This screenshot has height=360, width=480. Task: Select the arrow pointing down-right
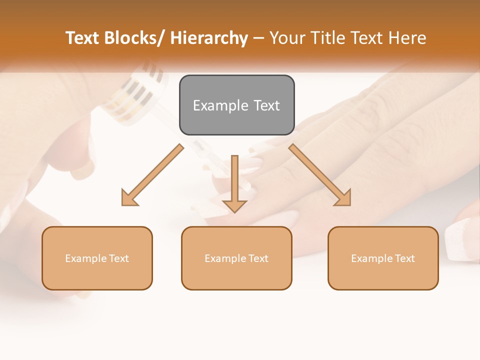[x=320, y=175]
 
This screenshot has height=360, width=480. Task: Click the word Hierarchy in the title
[x=209, y=38]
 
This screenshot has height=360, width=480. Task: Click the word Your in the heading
[x=286, y=38]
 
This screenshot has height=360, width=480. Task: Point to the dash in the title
[x=258, y=38]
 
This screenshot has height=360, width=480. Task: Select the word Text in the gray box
[x=266, y=106]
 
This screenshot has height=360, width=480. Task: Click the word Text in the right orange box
[x=404, y=258]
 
